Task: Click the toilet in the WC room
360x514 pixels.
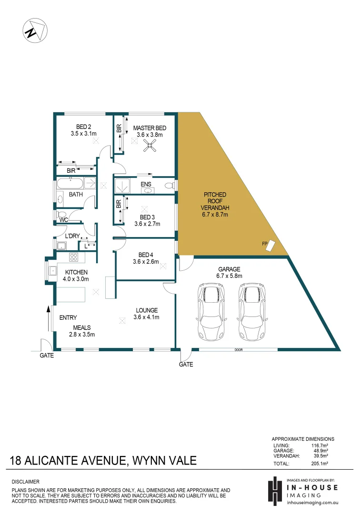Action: [x=61, y=215]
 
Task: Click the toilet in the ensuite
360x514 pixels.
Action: [x=168, y=185]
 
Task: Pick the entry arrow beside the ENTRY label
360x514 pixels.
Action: [x=49, y=318]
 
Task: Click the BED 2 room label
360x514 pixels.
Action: [x=84, y=127]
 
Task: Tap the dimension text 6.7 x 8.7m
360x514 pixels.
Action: [x=215, y=215]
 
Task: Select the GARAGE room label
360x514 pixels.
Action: [x=230, y=269]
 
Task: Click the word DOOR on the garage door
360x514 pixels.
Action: [x=238, y=350]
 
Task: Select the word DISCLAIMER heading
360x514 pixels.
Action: [x=25, y=482]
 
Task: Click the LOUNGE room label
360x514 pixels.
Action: [x=146, y=310]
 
